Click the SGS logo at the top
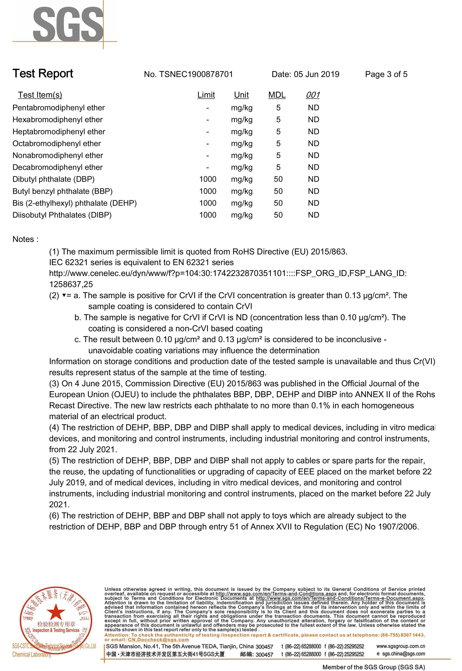(x=68, y=25)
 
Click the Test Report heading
(x=43, y=73)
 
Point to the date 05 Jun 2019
(x=316, y=74)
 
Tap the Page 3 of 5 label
(x=386, y=74)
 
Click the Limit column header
(x=206, y=95)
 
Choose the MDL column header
(x=277, y=95)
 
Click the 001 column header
(x=313, y=95)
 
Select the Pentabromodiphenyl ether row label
(x=58, y=108)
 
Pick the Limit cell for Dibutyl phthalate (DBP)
(x=208, y=179)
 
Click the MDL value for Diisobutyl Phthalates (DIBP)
(x=278, y=215)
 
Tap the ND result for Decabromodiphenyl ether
(x=314, y=167)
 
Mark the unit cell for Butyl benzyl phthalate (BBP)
(x=242, y=191)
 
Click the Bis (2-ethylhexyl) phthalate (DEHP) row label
(x=74, y=203)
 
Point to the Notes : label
(x=26, y=239)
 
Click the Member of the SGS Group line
(x=373, y=667)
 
